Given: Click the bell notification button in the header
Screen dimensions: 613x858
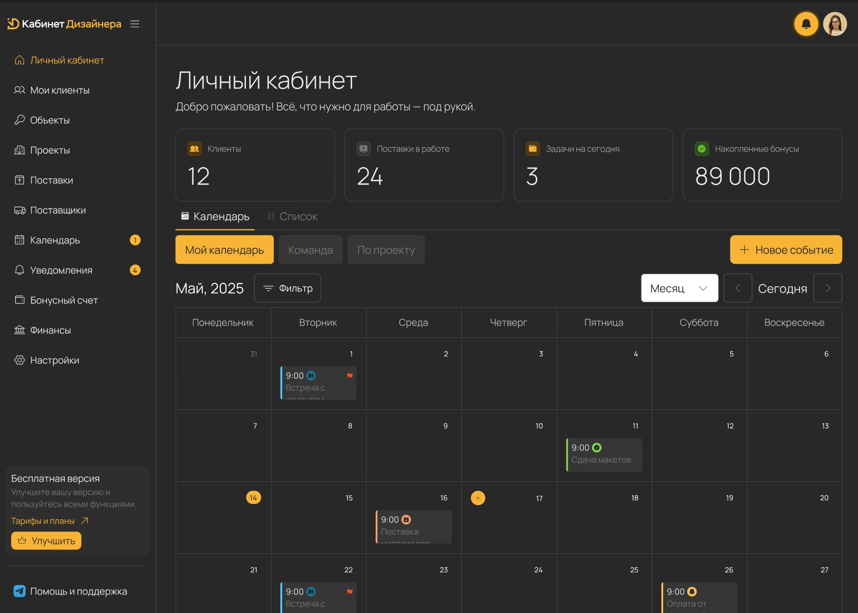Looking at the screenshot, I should click(806, 24).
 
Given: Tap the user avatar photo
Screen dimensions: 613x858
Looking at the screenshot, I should click(835, 24).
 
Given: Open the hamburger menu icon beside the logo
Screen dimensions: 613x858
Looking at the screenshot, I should click(135, 24).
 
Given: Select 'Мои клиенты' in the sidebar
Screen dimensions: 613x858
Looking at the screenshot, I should click(60, 90).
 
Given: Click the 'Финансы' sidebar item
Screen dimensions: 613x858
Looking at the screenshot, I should click(50, 330).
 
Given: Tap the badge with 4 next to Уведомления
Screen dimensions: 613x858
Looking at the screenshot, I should click(135, 270).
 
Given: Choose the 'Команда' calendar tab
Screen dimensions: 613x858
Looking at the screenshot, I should click(310, 250).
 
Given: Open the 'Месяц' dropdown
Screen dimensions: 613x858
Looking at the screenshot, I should click(679, 288).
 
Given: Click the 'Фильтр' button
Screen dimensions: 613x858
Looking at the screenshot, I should click(287, 288).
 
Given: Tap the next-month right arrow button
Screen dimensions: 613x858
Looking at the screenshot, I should click(828, 288).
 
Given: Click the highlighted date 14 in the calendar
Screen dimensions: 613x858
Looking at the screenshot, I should click(253, 498).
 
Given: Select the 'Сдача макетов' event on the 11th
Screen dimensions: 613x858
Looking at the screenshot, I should click(603, 455).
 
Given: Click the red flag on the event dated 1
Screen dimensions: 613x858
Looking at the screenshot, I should click(350, 375).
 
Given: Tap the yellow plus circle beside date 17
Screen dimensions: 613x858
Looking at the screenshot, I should click(478, 498).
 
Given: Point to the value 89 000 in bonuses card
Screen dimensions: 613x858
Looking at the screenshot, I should click(732, 176).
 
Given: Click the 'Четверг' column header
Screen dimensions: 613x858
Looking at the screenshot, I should click(508, 323).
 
